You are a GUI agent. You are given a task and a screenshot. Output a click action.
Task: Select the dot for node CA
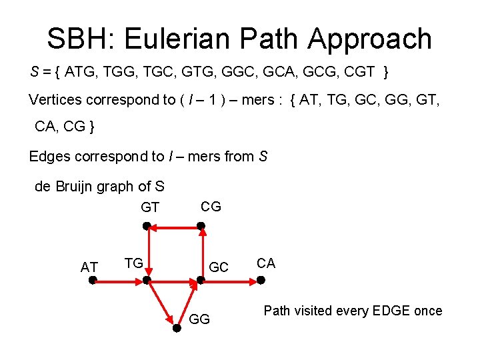coord(261,281)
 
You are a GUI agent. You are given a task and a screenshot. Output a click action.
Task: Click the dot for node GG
coord(175,329)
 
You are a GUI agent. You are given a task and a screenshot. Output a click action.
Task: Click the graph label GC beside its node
coord(219,267)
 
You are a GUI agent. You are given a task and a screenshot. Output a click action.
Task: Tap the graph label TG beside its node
coord(134,263)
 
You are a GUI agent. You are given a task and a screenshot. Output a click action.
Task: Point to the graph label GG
coord(200,319)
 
